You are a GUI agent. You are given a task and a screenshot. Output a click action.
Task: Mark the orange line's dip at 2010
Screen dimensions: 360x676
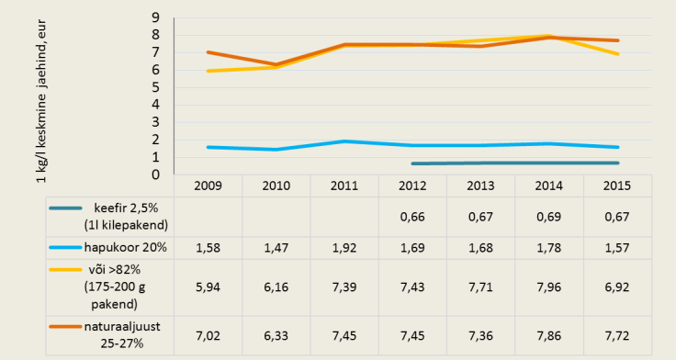276,64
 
